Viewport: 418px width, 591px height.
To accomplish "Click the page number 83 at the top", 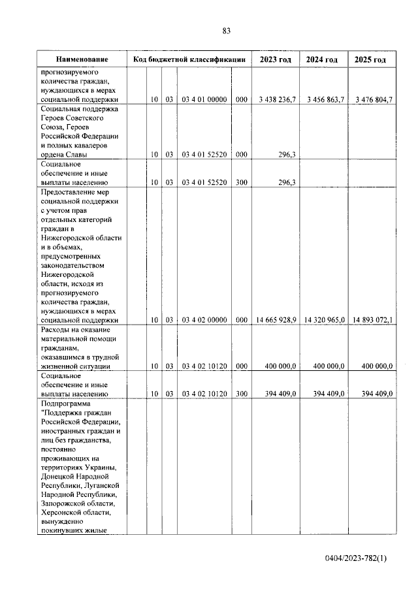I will pyautogui.click(x=226, y=31).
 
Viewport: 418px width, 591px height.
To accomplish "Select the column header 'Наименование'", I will pyautogui.click(x=82, y=60).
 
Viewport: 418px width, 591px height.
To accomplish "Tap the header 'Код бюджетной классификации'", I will pyautogui.click(x=189, y=60).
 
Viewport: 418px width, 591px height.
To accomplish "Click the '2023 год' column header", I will pyautogui.click(x=276, y=60).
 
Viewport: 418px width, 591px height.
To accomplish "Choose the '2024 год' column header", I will pyautogui.click(x=322, y=60).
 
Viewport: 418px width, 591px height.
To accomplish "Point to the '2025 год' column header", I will pyautogui.click(x=370, y=60).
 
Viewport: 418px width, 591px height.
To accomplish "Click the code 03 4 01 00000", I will pyautogui.click(x=204, y=99).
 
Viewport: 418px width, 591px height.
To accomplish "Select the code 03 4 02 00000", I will pyautogui.click(x=204, y=320).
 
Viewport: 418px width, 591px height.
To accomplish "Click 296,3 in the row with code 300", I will pyautogui.click(x=287, y=183).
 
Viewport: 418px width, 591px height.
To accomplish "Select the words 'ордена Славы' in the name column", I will pyautogui.click(x=66, y=154).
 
